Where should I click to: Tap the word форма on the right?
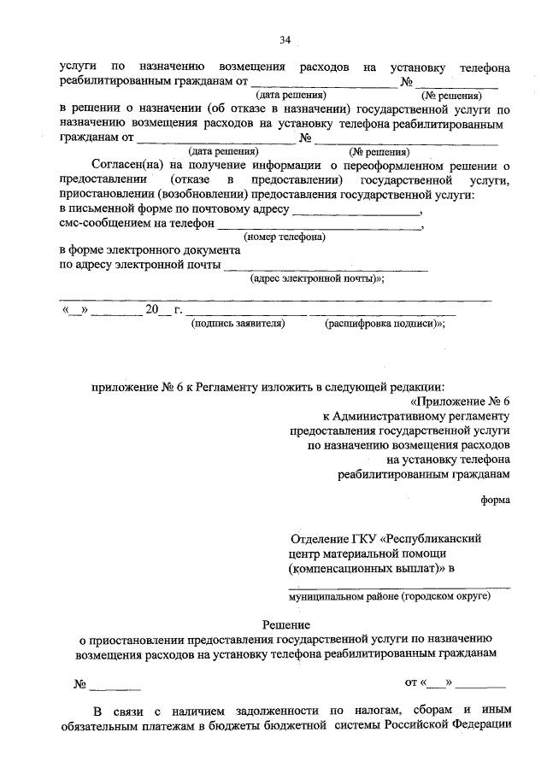coord(496,501)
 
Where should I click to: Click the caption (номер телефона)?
coord(283,237)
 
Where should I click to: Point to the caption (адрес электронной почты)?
coord(316,278)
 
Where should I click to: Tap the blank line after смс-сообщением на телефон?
coord(320,229)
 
